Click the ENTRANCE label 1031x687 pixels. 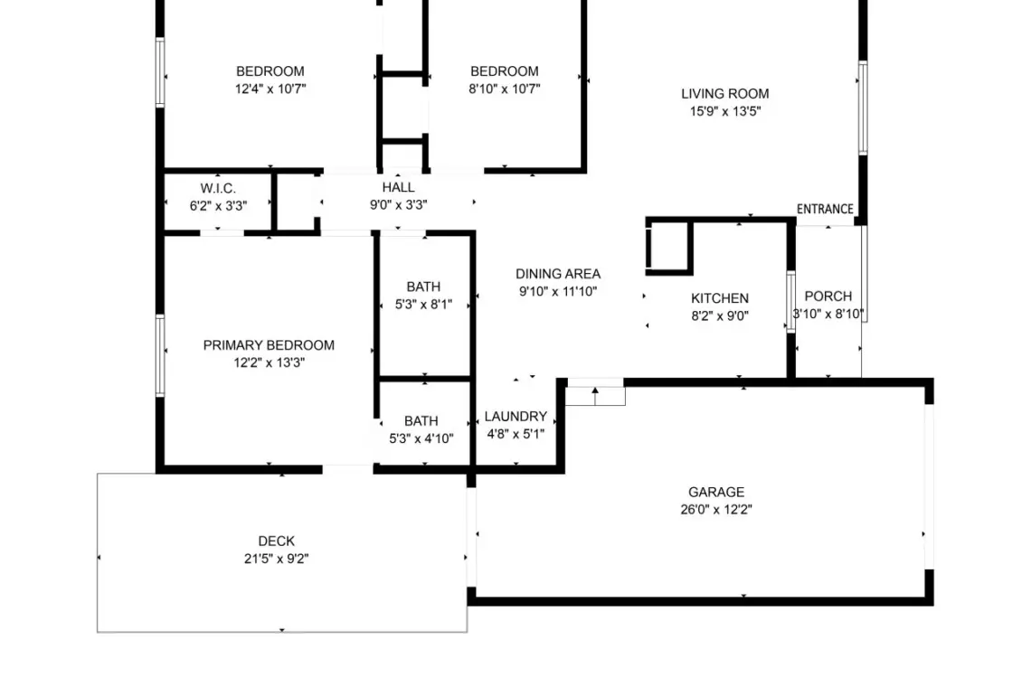(x=825, y=209)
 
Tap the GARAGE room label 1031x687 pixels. (x=716, y=492)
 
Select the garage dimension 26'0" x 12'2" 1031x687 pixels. (x=716, y=510)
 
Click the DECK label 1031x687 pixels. (x=276, y=541)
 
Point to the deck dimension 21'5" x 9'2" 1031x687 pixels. (x=276, y=559)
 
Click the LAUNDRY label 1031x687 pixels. (x=515, y=416)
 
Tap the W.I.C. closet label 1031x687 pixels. (x=218, y=189)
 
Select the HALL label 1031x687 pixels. (x=399, y=187)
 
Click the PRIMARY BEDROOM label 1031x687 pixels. (x=269, y=345)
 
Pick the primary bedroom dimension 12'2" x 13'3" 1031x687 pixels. (x=269, y=362)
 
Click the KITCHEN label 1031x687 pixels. (x=720, y=298)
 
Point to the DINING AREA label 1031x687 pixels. (x=558, y=274)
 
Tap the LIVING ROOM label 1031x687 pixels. (x=725, y=93)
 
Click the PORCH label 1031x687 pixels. (x=828, y=296)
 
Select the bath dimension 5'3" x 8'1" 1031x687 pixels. (x=423, y=305)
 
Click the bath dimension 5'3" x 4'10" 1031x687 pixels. (x=421, y=438)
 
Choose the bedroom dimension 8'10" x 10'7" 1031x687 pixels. (x=505, y=89)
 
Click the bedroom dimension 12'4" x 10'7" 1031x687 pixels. (x=270, y=89)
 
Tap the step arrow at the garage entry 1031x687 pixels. (x=595, y=395)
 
